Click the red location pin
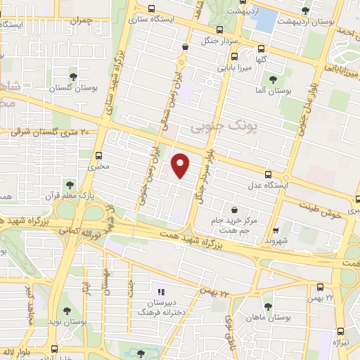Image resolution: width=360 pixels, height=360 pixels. pos(181,165)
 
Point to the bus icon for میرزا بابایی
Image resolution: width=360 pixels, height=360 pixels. pos(235,56)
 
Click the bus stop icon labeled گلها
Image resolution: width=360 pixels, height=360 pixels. pos(262,49)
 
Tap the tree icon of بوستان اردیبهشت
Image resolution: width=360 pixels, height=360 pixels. pos(304,10)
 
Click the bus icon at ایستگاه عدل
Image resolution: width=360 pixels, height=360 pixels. pos(268,174)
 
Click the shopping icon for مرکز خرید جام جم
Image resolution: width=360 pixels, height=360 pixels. pos(234,209)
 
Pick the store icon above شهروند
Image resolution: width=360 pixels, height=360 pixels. pos(276,229)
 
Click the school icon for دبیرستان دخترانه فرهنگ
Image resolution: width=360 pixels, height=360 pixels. pos(160,290)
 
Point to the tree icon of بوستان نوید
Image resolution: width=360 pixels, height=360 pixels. pos(66,310)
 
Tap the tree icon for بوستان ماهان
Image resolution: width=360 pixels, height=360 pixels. pos(268,305)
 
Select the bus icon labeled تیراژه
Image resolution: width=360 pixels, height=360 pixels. pos(341,328)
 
